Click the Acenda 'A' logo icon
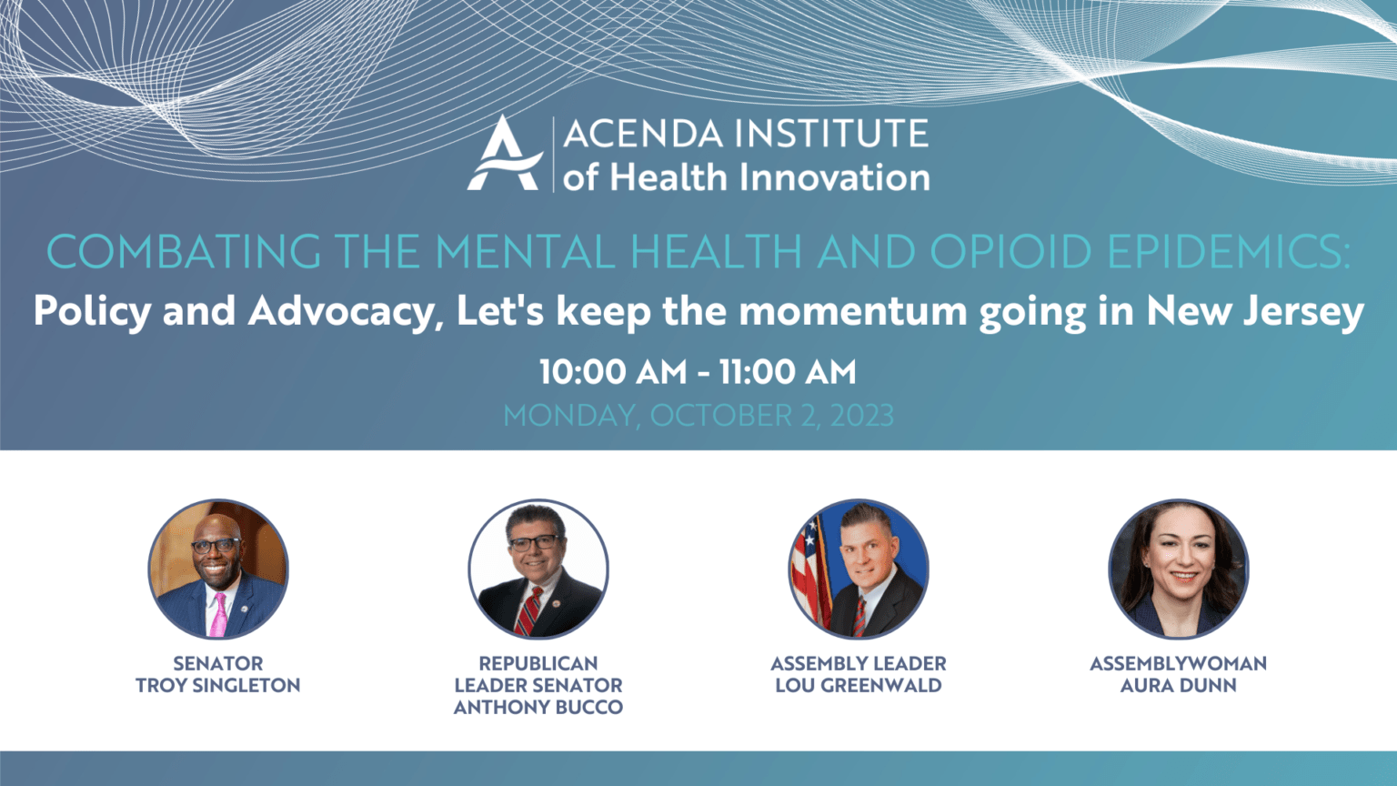coord(504,153)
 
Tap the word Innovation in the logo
coord(835,177)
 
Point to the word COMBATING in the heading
coord(185,251)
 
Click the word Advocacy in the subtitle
coord(341,311)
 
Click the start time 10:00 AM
coord(614,372)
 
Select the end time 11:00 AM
coord(788,372)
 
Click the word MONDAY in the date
coord(571,417)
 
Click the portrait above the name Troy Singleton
coord(218,569)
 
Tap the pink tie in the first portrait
coord(218,614)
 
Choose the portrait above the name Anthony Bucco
coord(538,569)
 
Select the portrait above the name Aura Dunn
coord(1179,569)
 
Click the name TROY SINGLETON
coord(218,686)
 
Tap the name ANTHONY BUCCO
coord(538,708)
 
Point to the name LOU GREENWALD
coord(859,686)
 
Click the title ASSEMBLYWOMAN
coord(1179,664)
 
